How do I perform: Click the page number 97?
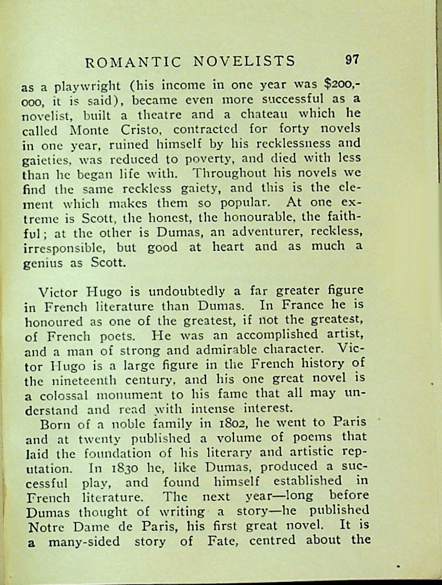352,60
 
